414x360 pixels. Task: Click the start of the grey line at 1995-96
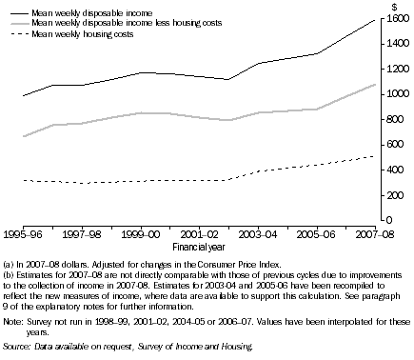[x=23, y=136]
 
